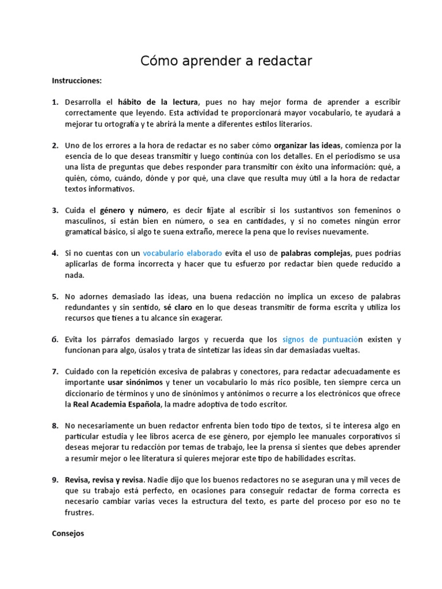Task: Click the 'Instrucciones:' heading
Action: (x=77, y=81)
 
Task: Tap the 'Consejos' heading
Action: (x=68, y=533)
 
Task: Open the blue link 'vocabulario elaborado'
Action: (x=182, y=253)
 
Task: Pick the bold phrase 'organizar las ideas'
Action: (x=307, y=145)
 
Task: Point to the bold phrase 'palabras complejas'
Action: (x=316, y=253)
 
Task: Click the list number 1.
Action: (x=55, y=102)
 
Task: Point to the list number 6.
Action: (x=55, y=340)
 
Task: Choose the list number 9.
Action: (x=55, y=480)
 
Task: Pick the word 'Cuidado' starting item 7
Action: (x=82, y=372)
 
